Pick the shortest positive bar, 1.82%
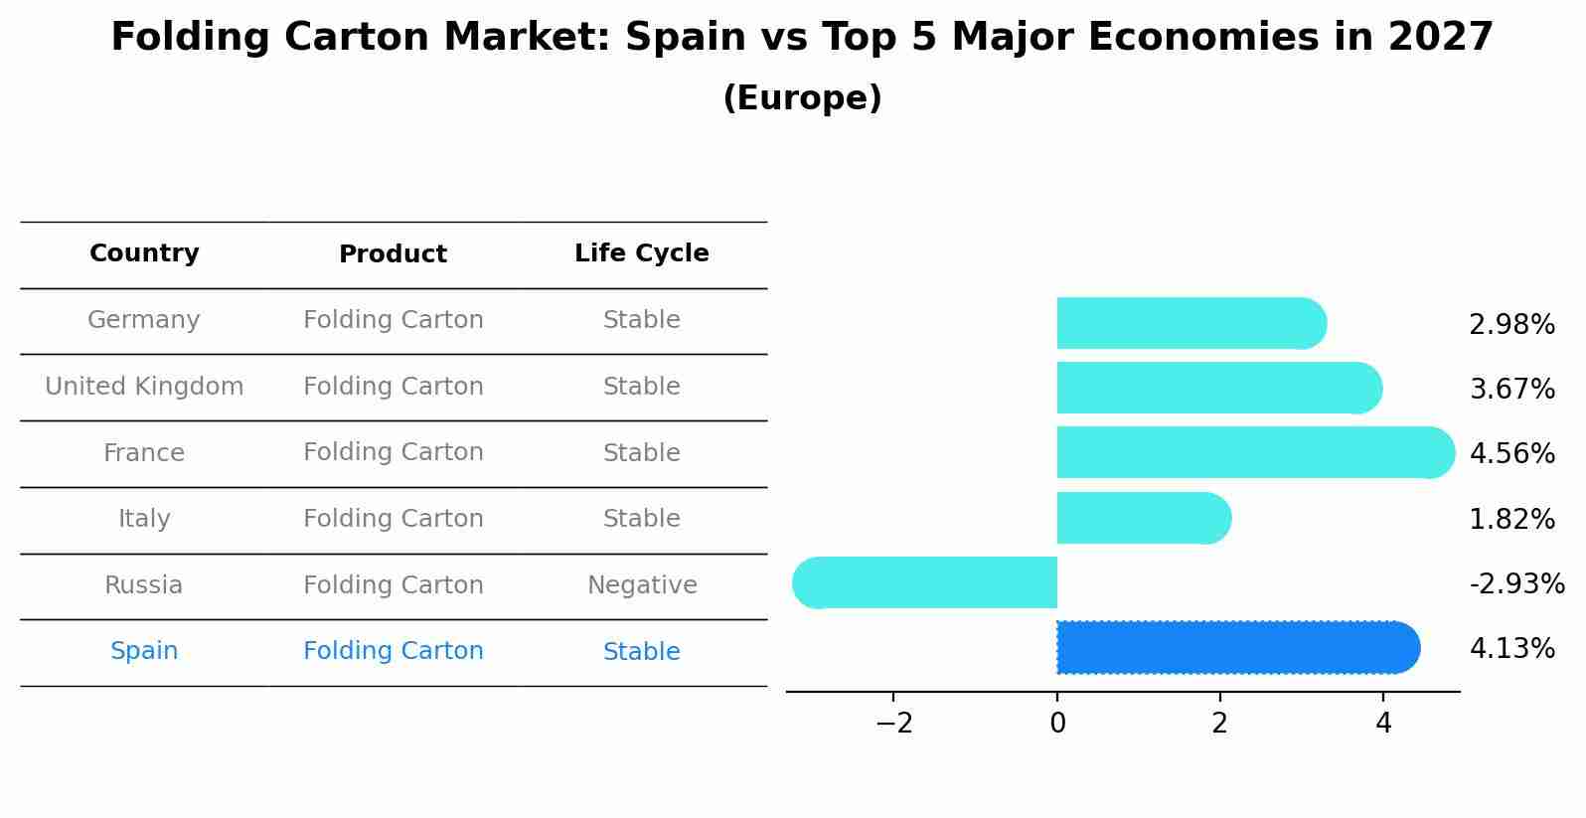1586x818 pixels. [1143, 518]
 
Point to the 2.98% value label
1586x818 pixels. [1510, 325]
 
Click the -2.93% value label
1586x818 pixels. [1516, 583]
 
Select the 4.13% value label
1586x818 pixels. [1510, 649]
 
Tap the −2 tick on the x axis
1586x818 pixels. [893, 724]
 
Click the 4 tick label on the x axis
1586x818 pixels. [1383, 724]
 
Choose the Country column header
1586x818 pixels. [144, 253]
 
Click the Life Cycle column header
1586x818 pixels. [641, 253]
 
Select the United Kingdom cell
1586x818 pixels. [144, 387]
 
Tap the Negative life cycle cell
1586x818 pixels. [641, 585]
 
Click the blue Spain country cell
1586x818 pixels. [144, 651]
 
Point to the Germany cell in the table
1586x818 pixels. [144, 320]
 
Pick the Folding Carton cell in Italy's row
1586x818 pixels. [393, 519]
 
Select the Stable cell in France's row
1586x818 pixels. [641, 453]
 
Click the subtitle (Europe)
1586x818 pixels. [802, 98]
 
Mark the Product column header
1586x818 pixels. [393, 254]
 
